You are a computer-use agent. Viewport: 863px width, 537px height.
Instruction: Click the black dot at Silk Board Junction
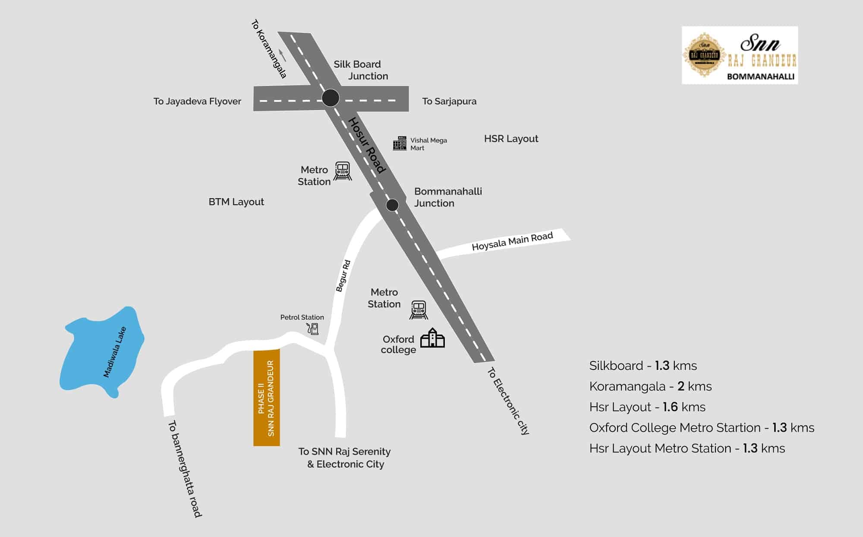coord(331,98)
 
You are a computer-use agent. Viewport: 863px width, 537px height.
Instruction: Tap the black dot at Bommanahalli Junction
coord(392,205)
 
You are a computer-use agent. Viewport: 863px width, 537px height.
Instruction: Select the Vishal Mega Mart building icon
coord(400,143)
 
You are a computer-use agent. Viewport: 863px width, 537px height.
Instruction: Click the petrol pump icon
coord(313,329)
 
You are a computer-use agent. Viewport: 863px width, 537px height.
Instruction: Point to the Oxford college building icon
coord(432,338)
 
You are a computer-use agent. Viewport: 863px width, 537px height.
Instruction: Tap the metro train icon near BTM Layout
coord(343,171)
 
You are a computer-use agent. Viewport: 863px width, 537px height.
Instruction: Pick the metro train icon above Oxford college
coord(419,310)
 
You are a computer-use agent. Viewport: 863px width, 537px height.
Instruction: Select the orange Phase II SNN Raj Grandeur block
coord(266,398)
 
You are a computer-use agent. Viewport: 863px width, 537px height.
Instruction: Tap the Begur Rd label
coord(343,276)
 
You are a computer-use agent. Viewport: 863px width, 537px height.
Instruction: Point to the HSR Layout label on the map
coord(511,139)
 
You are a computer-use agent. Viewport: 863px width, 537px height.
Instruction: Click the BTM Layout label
coord(236,202)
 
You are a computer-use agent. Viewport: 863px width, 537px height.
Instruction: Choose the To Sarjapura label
coord(449,101)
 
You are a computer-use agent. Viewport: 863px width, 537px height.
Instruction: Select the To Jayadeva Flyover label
coord(197,101)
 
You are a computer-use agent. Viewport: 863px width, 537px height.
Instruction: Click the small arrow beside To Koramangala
coord(283,55)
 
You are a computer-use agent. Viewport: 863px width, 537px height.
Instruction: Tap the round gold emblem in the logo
coord(704,55)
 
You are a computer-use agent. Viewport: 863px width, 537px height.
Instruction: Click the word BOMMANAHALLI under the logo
coord(761,76)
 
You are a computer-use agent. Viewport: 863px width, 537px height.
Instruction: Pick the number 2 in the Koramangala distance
coord(681,386)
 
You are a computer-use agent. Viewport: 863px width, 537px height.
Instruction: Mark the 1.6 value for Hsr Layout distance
coord(670,407)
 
